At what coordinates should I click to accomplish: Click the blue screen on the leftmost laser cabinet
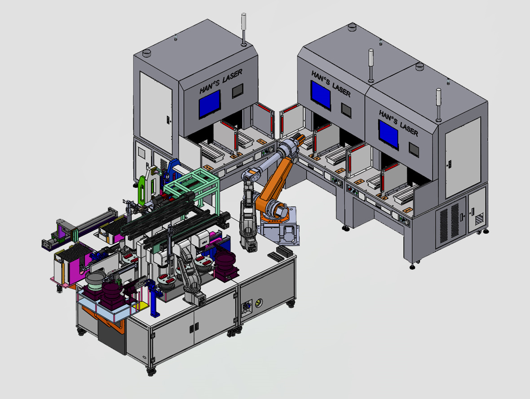(x=210, y=104)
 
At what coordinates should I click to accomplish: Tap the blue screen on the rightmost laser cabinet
(x=389, y=134)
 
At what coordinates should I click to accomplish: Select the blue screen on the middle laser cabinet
(x=321, y=94)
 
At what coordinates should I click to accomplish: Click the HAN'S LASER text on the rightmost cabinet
(x=398, y=123)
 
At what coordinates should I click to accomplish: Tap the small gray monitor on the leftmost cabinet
(x=238, y=91)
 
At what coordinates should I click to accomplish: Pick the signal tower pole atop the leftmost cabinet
(x=243, y=29)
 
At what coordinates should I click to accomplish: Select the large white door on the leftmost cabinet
(x=156, y=112)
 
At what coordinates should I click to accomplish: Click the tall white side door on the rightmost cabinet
(x=463, y=157)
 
